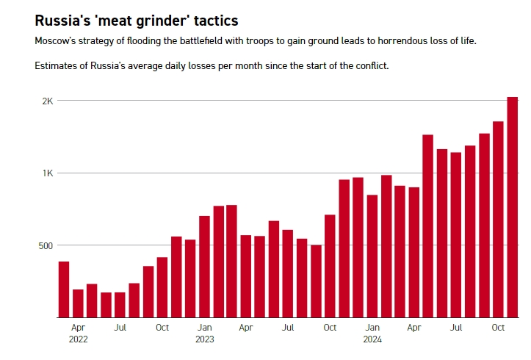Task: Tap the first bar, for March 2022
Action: [x=64, y=289]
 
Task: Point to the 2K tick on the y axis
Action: [x=47, y=101]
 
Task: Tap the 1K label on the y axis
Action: [x=47, y=173]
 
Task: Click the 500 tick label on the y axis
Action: [x=44, y=245]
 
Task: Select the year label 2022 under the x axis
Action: [x=78, y=339]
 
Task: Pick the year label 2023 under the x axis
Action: [x=204, y=339]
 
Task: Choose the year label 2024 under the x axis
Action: [x=372, y=339]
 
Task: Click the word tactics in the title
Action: [x=212, y=20]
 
